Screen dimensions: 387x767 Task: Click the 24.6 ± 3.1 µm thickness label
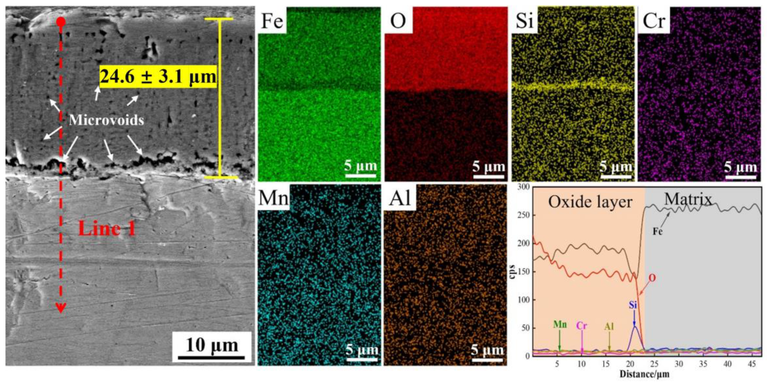tap(158, 77)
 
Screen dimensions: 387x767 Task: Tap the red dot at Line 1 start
tap(61, 22)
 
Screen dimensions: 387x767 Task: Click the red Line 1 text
tap(107, 229)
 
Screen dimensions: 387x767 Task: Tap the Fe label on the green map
tap(272, 21)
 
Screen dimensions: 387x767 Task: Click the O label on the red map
tap(398, 21)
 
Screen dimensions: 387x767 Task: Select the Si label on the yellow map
tap(525, 21)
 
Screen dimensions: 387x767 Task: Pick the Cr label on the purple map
tap(654, 21)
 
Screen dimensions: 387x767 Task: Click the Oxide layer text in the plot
tap(590, 202)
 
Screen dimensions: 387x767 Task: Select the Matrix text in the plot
tap(688, 199)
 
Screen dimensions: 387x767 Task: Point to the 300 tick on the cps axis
tap(524, 187)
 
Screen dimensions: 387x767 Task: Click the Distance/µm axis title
tap(644, 374)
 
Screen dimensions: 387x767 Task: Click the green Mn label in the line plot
tap(560, 325)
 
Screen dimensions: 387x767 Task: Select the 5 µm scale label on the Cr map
tap(741, 168)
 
